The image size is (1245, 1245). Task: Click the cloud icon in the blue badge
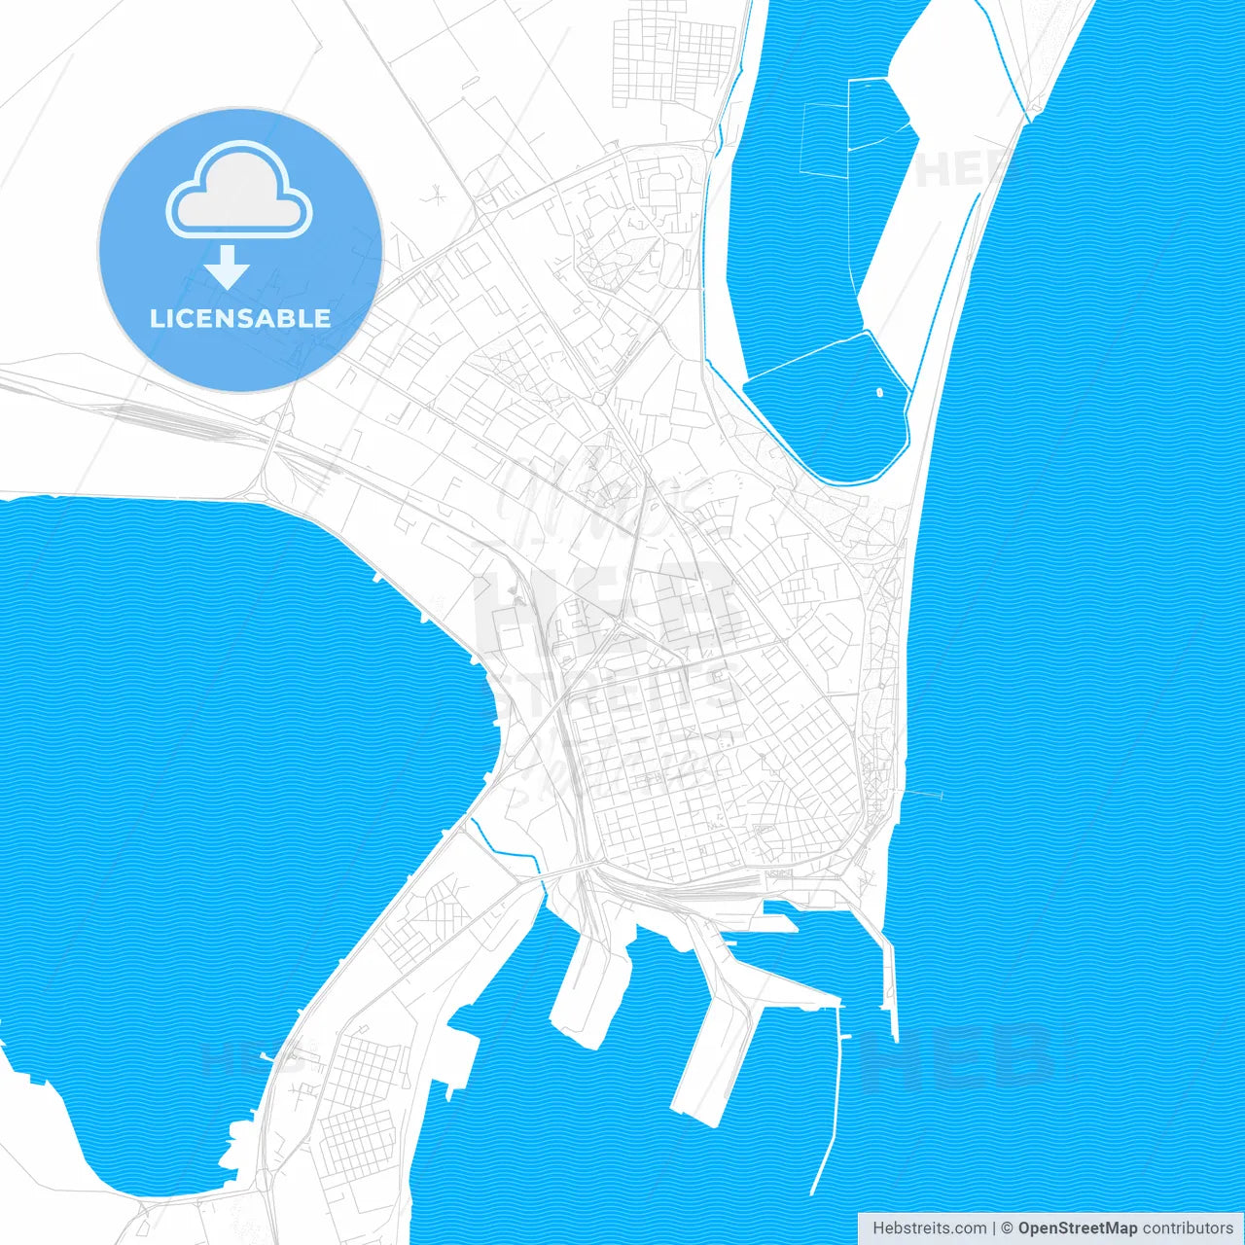(x=239, y=191)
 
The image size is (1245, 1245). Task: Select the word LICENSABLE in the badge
(x=239, y=318)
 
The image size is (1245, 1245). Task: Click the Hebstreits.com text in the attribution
(x=929, y=1228)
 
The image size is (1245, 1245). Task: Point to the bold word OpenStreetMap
(x=1077, y=1228)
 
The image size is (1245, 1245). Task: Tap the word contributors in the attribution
(x=1187, y=1228)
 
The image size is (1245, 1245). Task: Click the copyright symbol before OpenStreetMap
(x=1008, y=1228)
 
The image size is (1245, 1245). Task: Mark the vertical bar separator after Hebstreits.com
(x=994, y=1228)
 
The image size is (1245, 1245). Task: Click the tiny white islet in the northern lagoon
(x=879, y=393)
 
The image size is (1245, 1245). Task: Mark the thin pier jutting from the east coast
(x=924, y=795)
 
